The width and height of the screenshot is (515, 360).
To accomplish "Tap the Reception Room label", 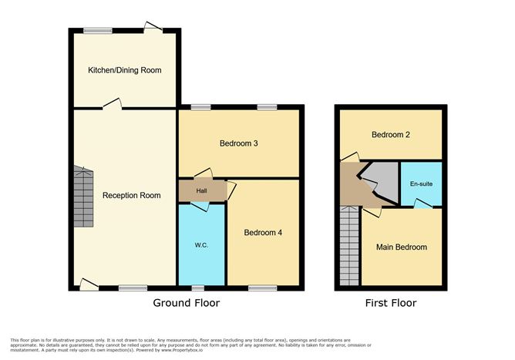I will click(x=132, y=196).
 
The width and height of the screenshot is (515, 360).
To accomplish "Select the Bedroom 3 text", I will click(x=238, y=143).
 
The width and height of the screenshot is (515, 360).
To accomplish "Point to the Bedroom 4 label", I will click(x=263, y=233).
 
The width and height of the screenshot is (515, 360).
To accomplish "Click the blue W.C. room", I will click(x=201, y=246).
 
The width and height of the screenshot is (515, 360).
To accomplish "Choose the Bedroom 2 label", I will click(x=390, y=135).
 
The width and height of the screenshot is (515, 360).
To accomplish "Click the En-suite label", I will click(x=421, y=184).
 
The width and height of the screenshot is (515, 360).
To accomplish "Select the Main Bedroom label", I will click(x=401, y=247).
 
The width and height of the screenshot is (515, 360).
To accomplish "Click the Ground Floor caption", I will click(x=186, y=303).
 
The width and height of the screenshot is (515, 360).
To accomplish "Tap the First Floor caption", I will click(x=391, y=303).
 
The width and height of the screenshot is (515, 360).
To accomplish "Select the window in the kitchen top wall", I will click(x=97, y=30).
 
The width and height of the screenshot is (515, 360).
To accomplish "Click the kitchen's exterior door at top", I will click(x=152, y=28).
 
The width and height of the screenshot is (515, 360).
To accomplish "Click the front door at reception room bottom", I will click(x=89, y=285).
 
